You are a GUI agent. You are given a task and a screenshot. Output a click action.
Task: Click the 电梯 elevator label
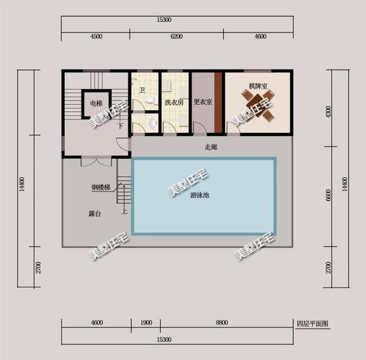pos(96,103)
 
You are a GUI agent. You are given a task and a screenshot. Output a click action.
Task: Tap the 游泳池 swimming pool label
pos(200,195)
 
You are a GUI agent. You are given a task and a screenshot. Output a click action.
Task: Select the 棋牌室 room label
pos(258,86)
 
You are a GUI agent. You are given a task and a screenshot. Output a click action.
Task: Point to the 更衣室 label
pos(203,102)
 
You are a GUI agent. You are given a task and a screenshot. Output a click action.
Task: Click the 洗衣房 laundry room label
pos(174,102)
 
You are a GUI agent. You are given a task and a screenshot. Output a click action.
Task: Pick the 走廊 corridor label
pos(211,147)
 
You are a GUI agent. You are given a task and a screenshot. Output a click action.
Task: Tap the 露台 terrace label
pos(95,214)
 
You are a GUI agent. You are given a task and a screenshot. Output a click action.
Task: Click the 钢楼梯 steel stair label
pos(101,187)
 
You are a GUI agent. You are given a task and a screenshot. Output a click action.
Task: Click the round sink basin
pos(153,123)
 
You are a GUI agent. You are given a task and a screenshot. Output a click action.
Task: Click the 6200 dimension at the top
pos(177,37)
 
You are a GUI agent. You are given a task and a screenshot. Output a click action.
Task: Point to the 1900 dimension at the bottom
pos(146,322)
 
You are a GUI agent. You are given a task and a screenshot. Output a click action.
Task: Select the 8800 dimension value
pos(222,322)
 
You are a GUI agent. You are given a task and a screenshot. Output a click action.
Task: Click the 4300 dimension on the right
pos(328,112)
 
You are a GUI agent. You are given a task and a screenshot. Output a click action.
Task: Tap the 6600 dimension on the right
pos(328,195)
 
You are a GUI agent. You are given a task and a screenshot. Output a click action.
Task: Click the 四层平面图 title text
pos(313,323)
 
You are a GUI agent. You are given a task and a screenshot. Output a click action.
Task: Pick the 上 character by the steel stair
pos(125,211)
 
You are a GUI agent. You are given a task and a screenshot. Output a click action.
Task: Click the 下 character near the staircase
pos(121,126)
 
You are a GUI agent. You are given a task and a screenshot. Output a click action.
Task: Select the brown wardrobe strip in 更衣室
pos(218,103)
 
